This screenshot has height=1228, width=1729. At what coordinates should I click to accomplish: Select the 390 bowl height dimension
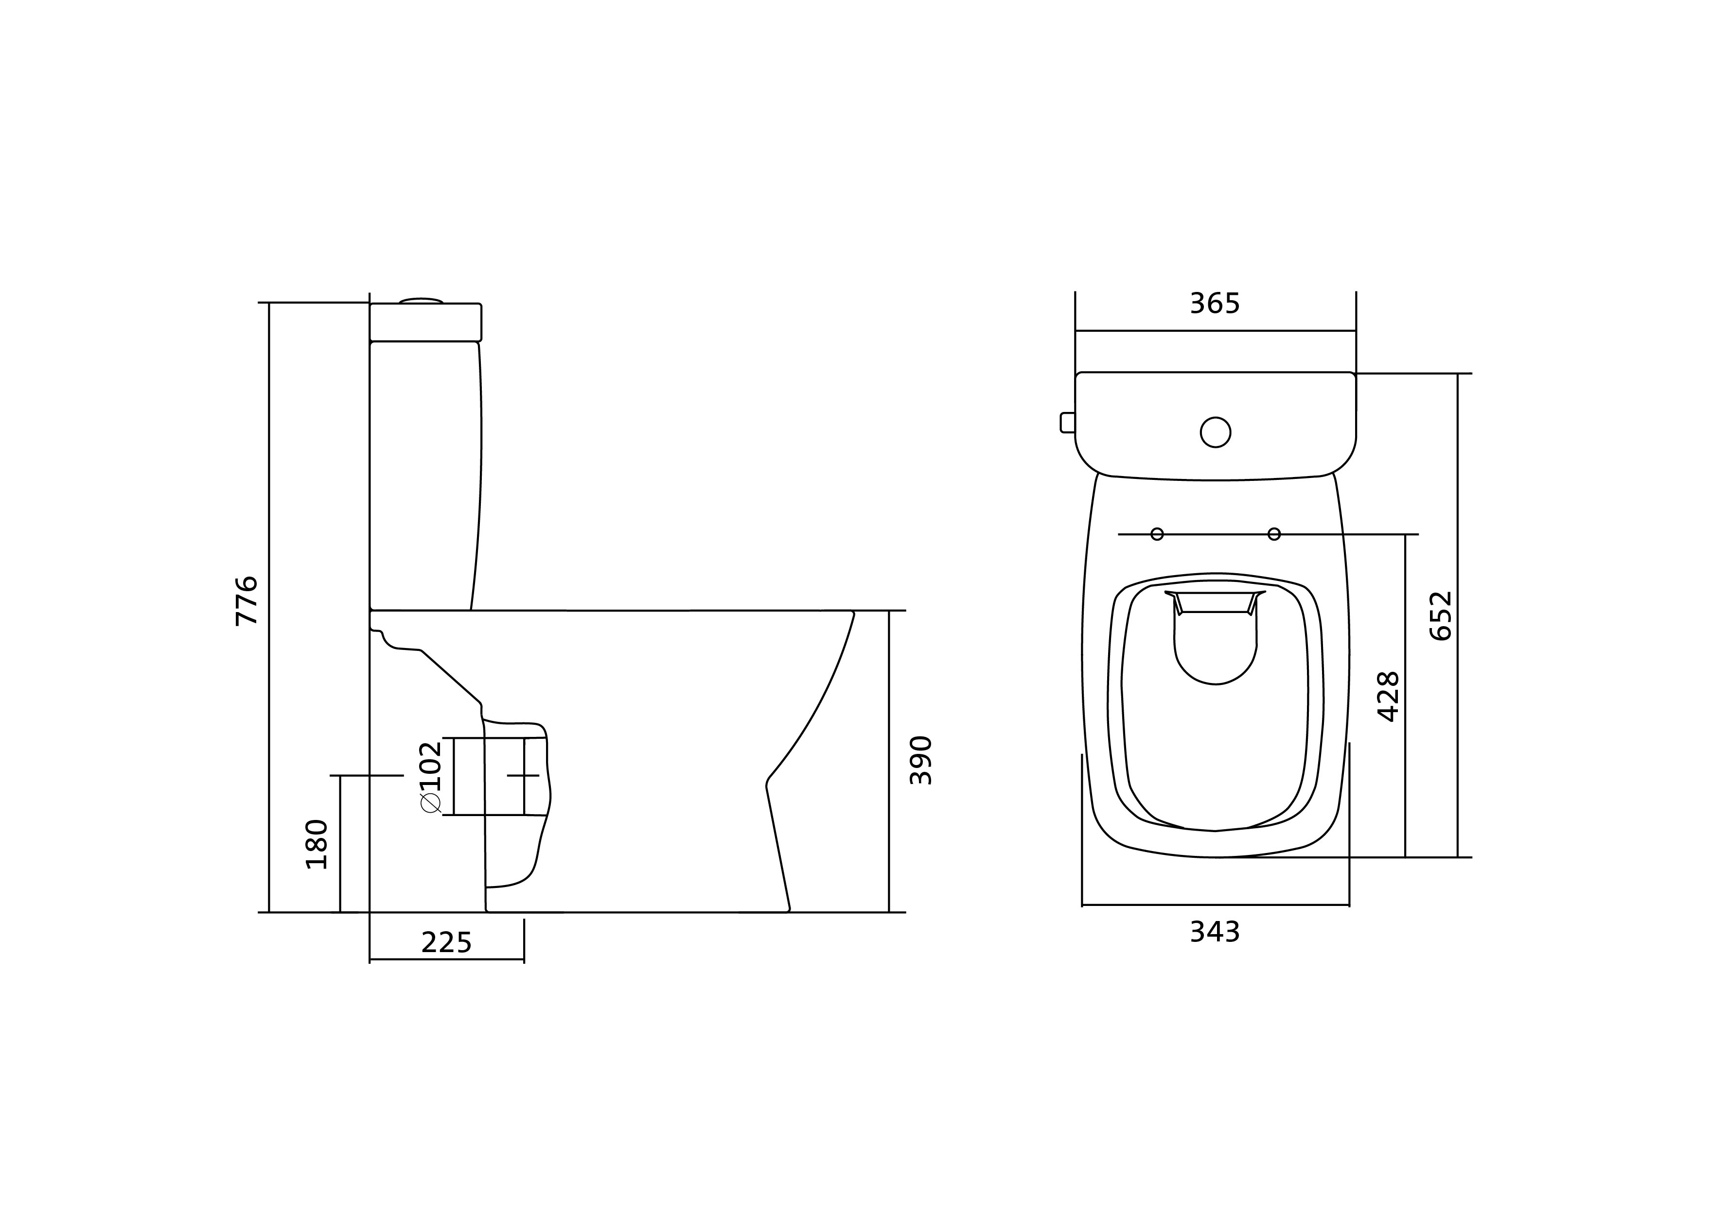tap(921, 760)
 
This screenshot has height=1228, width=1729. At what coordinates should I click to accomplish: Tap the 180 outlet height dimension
tap(317, 844)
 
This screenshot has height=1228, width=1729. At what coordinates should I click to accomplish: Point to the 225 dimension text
tap(446, 943)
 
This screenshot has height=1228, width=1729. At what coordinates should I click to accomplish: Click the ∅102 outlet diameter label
tap(430, 777)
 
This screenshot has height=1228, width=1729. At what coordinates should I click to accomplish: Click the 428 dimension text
tap(1389, 697)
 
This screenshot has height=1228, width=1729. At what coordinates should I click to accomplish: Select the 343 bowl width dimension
tap(1215, 932)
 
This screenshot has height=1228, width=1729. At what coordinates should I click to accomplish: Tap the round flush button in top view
tap(1215, 432)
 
